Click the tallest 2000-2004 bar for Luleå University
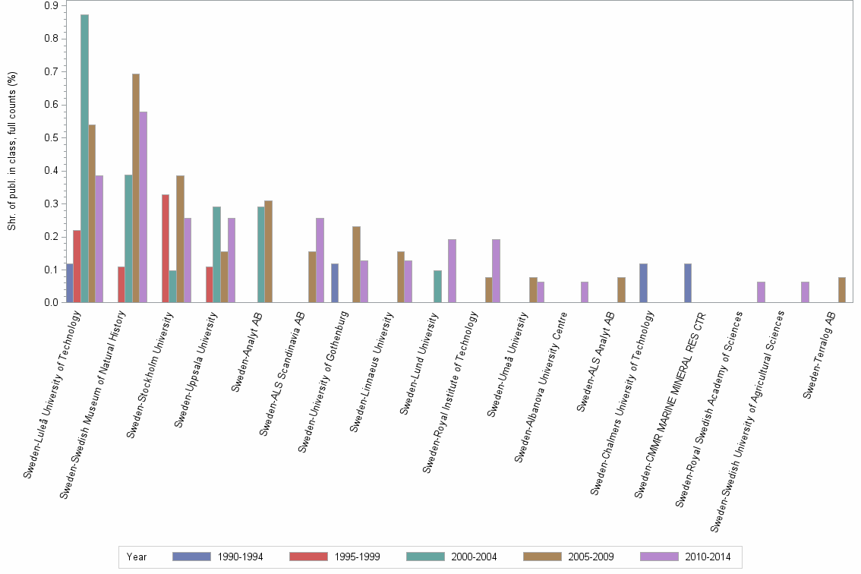pyautogui.click(x=84, y=159)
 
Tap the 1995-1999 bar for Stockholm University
pyautogui.click(x=166, y=248)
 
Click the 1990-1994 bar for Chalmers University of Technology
pyautogui.click(x=643, y=283)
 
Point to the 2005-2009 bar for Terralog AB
pyautogui.click(x=842, y=290)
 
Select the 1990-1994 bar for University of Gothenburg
pyautogui.click(x=335, y=283)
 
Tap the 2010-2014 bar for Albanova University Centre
pyautogui.click(x=585, y=292)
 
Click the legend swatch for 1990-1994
pyautogui.click(x=191, y=557)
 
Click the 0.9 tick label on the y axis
pyautogui.click(x=51, y=6)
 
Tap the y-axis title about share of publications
pyautogui.click(x=11, y=152)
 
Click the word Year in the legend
pyautogui.click(x=137, y=557)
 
